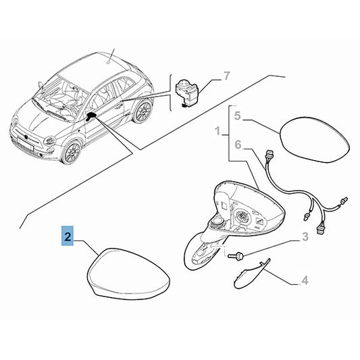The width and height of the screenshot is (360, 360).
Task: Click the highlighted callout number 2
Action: (68, 236)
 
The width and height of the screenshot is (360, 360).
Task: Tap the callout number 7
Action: (226, 76)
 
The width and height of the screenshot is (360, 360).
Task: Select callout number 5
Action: (237, 115)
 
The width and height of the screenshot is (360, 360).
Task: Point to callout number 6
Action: (238, 145)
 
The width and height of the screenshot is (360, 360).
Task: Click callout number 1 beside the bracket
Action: (217, 131)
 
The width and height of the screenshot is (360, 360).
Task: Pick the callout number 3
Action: (305, 237)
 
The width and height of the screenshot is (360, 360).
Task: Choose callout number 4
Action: (305, 280)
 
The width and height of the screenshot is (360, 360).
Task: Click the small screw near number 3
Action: (236, 255)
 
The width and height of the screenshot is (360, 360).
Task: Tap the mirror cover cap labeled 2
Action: (128, 274)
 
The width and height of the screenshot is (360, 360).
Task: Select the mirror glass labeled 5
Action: (315, 140)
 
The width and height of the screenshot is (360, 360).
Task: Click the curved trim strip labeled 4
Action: (251, 274)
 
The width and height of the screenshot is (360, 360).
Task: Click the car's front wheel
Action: (71, 152)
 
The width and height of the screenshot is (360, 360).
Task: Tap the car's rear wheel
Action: (143, 111)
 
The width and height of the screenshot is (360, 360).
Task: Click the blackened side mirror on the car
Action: (91, 116)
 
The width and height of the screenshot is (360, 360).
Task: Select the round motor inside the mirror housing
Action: (243, 216)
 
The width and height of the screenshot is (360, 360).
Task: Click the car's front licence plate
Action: (26, 143)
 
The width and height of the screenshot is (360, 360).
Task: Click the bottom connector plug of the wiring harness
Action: (321, 230)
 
